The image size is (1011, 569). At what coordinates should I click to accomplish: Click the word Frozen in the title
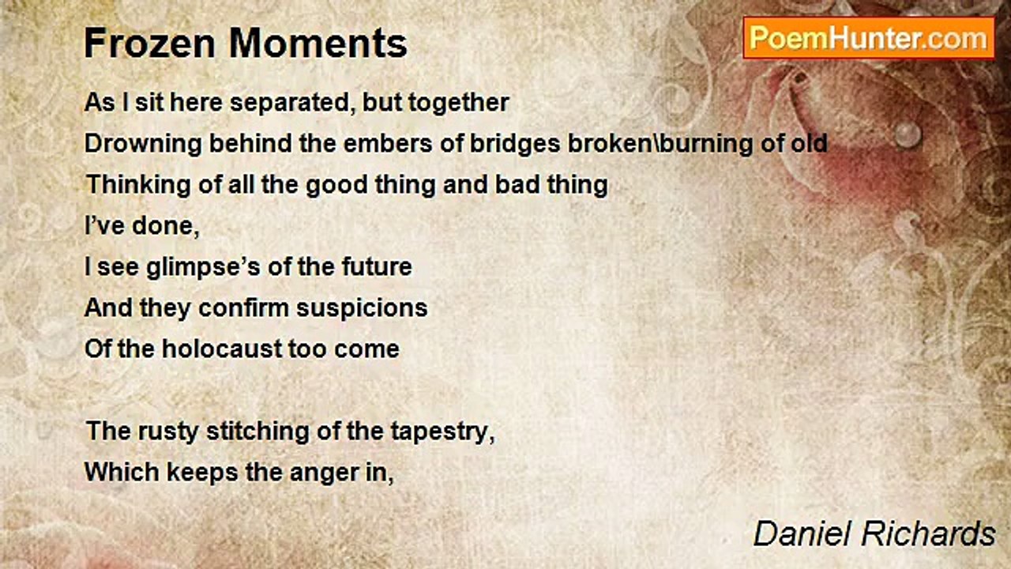pos(150,43)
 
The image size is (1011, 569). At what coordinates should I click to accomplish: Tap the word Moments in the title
pos(318,43)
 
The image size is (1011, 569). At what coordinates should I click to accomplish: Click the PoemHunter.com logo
pos(869,39)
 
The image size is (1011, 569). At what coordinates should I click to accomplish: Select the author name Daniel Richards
pos(874,533)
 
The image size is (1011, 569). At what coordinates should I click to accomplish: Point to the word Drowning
pos(143,145)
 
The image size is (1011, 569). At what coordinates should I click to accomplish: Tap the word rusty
pos(168,431)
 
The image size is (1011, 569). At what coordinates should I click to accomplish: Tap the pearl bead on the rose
pos(908,134)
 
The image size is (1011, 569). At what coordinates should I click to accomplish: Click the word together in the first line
pos(459,104)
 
